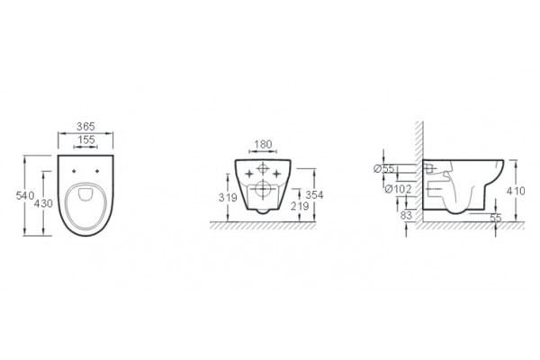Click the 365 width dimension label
pos(85,126)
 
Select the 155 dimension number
pos(85,139)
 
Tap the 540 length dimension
pos(25,195)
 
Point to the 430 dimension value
pos(43,203)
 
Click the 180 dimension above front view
pos(263,144)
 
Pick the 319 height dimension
pos(228,198)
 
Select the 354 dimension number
pos(314,195)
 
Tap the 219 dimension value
pos(300,206)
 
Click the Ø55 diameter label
pos(384,169)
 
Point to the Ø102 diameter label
pos(399,189)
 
